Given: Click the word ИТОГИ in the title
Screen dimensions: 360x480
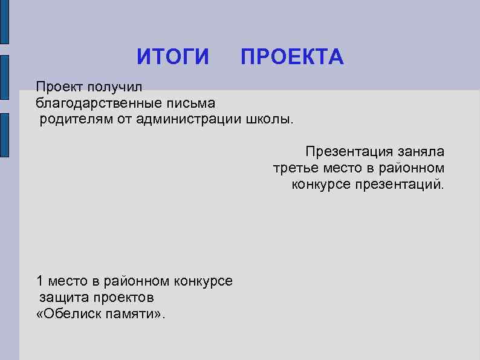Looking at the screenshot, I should pos(173,57).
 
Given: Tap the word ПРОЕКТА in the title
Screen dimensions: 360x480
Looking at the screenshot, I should pos(292,57).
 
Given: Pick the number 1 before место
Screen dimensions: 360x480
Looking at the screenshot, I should pos(40,281).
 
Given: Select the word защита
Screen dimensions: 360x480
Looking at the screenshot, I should pos(64,298).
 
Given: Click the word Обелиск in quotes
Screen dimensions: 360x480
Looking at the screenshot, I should pos(71,314).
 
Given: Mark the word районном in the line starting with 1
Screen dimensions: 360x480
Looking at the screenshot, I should pos(138,281).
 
